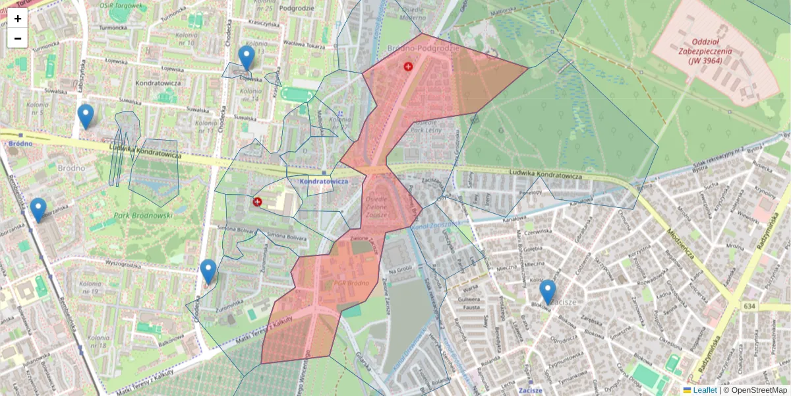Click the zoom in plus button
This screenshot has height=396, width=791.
click(x=18, y=18)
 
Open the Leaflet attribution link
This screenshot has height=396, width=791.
click(x=705, y=390)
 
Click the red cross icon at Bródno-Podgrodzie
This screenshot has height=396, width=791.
click(x=408, y=67)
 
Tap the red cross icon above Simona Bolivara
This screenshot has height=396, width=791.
click(x=257, y=201)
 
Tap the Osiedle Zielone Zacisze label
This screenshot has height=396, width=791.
click(x=376, y=206)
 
